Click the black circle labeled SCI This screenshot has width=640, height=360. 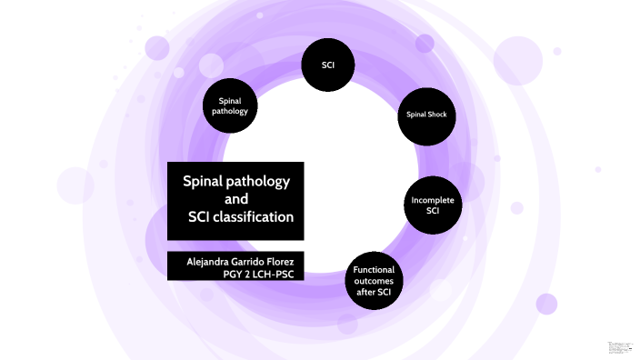coord(327,65)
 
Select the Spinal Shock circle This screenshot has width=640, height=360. coord(425,115)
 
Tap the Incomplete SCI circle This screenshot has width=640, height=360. coord(432,205)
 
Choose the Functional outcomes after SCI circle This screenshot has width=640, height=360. coord(373,282)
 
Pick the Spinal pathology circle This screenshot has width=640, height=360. coord(230,105)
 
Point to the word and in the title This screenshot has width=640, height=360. coord(235,199)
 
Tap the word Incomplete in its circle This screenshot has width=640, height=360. coord(432,200)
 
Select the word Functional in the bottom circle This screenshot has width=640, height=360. coord(373,270)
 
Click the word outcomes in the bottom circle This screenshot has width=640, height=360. coord(373,282)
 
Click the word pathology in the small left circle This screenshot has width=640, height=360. coord(230,111)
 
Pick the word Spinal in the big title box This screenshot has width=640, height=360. coord(205,181)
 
